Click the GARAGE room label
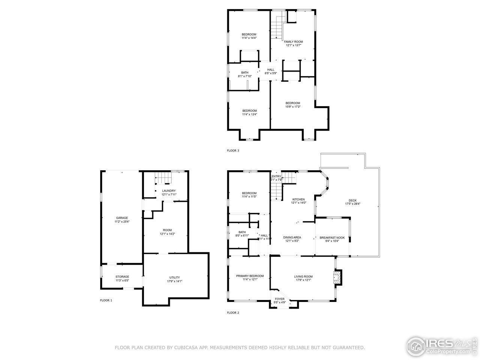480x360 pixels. pyautogui.click(x=122, y=218)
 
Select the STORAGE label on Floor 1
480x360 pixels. pyautogui.click(x=122, y=277)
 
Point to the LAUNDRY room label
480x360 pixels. pyautogui.click(x=168, y=191)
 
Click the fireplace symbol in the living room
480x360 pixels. pyautogui.click(x=337, y=277)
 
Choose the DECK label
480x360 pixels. pyautogui.click(x=352, y=200)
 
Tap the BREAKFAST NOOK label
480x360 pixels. pyautogui.click(x=332, y=237)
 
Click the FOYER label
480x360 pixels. pyautogui.click(x=279, y=299)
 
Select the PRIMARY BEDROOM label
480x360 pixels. pyautogui.click(x=250, y=276)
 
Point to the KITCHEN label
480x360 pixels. pyautogui.click(x=298, y=199)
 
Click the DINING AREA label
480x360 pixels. pyautogui.click(x=292, y=237)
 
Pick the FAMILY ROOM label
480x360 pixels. pyautogui.click(x=293, y=42)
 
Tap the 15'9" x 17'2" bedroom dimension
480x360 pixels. pyautogui.click(x=293, y=107)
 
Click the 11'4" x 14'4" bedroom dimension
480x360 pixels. pyautogui.click(x=249, y=38)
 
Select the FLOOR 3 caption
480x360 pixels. pyautogui.click(x=233, y=151)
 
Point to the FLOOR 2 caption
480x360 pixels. pyautogui.click(x=233, y=313)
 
